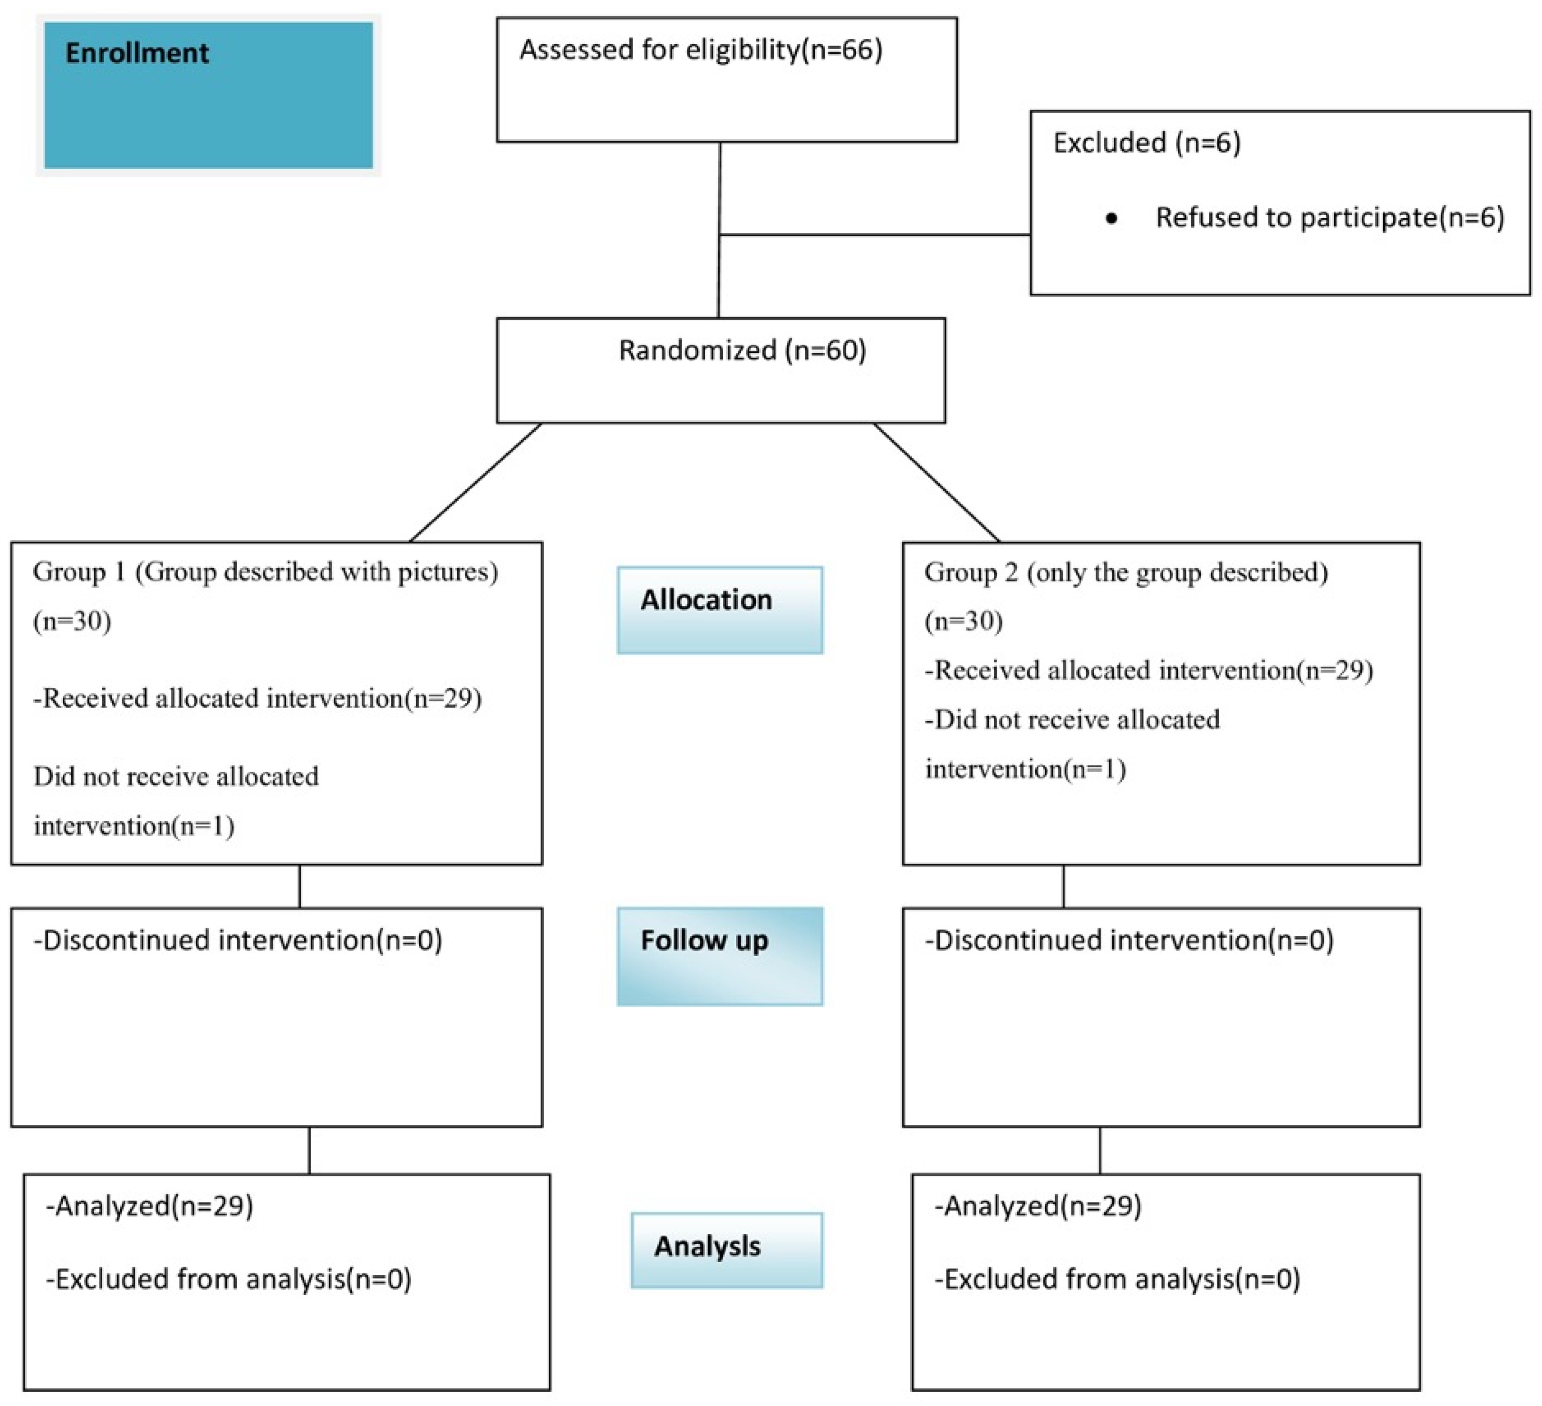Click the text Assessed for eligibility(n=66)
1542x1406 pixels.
(701, 50)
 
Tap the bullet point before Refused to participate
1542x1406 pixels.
(1111, 219)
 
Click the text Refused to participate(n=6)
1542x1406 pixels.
(1330, 218)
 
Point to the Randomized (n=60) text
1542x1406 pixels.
(742, 350)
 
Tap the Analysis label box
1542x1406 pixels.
(727, 1250)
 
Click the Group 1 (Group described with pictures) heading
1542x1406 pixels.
(265, 572)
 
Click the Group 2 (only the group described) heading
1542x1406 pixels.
(1126, 572)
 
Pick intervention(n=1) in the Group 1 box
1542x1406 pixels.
(134, 826)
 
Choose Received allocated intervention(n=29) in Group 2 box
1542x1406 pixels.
(1149, 671)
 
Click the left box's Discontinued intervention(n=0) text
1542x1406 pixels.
(238, 940)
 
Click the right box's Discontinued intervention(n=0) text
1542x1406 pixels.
(1129, 940)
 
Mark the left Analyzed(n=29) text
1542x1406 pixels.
(150, 1206)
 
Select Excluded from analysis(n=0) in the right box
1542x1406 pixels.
(1117, 1279)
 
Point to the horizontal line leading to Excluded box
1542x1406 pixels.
(874, 235)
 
